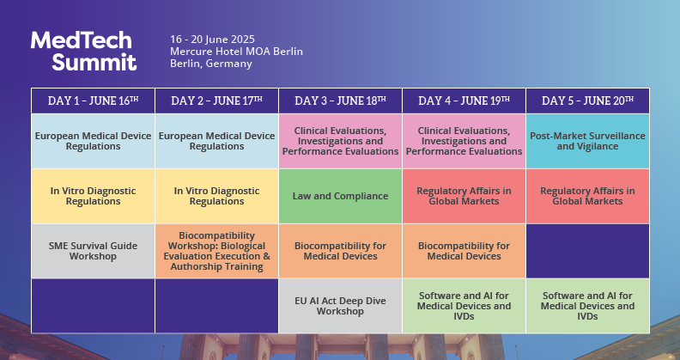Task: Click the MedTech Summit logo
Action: click(83, 51)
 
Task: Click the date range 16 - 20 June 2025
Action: click(213, 40)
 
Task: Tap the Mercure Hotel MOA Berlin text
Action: click(236, 52)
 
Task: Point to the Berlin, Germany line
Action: click(211, 64)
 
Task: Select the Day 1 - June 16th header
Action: click(93, 101)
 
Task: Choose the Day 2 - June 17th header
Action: click(216, 101)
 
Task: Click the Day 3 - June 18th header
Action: click(340, 101)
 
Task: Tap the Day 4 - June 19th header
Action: click(464, 101)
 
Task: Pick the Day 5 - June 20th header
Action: click(587, 101)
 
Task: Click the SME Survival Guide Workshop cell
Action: click(93, 251)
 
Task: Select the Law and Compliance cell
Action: click(340, 196)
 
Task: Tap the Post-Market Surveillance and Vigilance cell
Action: click(587, 141)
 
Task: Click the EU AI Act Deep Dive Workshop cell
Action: click(340, 306)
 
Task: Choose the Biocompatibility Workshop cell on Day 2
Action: click(216, 251)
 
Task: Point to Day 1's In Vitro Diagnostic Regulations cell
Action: click(93, 196)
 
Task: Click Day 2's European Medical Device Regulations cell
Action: click(216, 141)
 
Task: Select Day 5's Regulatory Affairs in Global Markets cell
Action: click(587, 196)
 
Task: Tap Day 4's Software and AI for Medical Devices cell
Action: click(464, 306)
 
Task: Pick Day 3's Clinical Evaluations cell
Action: click(340, 141)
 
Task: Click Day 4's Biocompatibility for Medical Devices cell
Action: click(464, 251)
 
